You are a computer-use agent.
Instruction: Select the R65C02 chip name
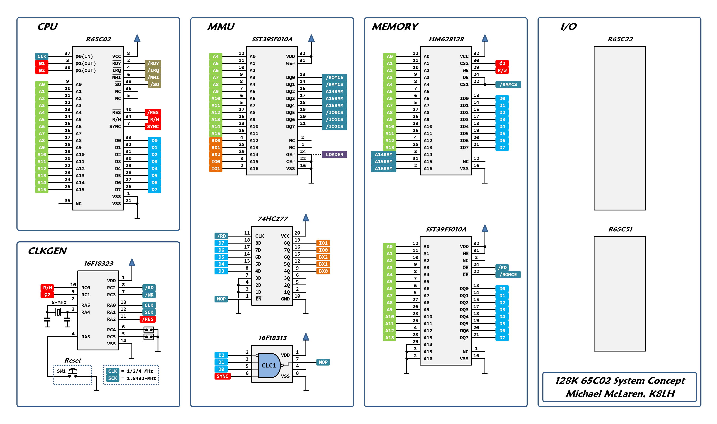tap(98, 39)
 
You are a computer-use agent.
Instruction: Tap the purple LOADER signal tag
tap(334, 155)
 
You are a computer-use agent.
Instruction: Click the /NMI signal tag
tap(153, 78)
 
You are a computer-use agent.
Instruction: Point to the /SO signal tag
tap(154, 85)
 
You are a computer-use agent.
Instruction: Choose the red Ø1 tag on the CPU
tap(42, 64)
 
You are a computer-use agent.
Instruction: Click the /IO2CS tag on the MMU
tap(334, 127)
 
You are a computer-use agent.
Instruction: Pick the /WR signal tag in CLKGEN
tap(149, 295)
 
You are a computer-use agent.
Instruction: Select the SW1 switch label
tap(61, 371)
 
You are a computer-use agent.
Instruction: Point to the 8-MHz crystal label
tap(59, 302)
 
